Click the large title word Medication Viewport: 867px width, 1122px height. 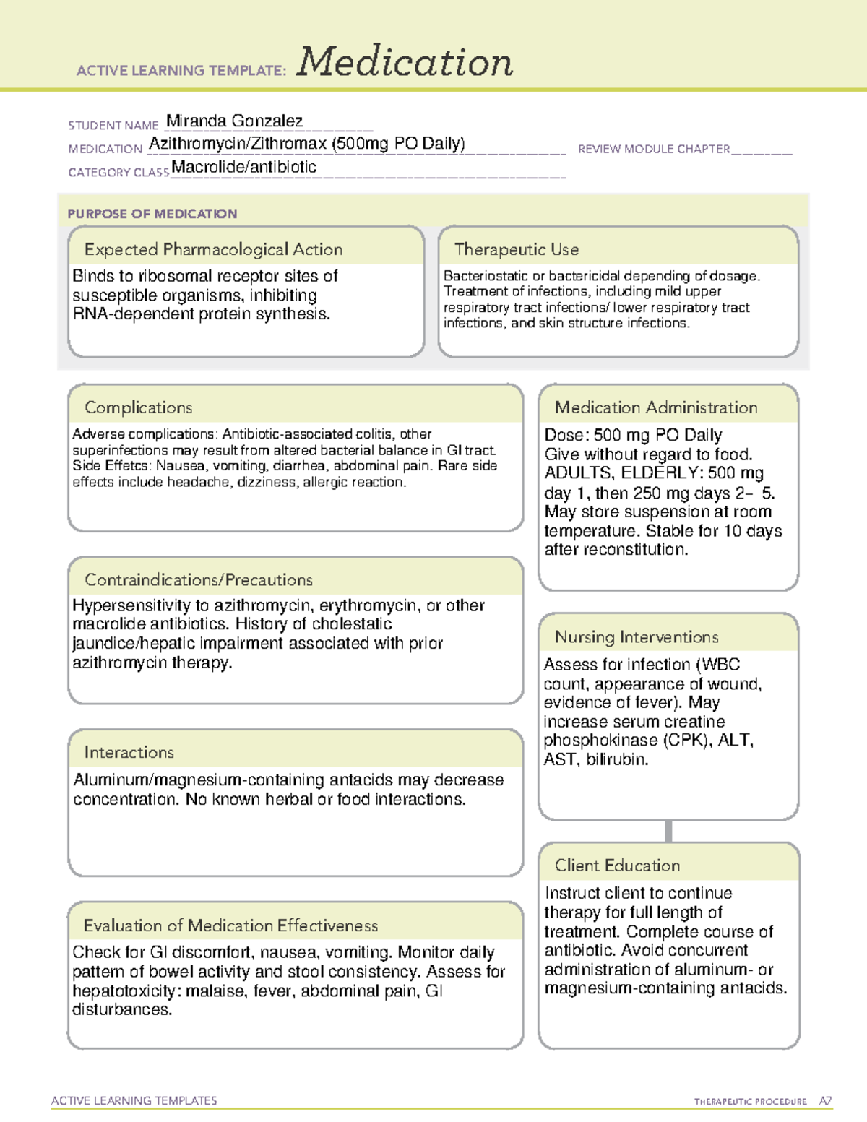click(405, 62)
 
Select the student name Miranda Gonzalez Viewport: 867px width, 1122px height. click(234, 121)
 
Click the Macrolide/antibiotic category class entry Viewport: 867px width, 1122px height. click(243, 167)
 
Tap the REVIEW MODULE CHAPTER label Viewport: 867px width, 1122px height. click(653, 149)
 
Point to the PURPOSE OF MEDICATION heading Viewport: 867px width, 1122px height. click(152, 214)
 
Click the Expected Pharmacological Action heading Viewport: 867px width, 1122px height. click(213, 249)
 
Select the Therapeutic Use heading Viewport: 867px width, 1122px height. click(516, 249)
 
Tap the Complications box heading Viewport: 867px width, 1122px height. click(138, 407)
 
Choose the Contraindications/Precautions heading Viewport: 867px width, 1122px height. click(198, 579)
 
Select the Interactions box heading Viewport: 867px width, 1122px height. click(129, 752)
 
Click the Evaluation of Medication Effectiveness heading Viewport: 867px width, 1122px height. click(230, 925)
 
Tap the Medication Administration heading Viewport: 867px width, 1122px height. click(655, 407)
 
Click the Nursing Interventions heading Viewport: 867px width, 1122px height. click(636, 636)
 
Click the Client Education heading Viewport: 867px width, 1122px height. click(617, 865)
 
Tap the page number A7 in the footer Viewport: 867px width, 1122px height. click(824, 1101)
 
